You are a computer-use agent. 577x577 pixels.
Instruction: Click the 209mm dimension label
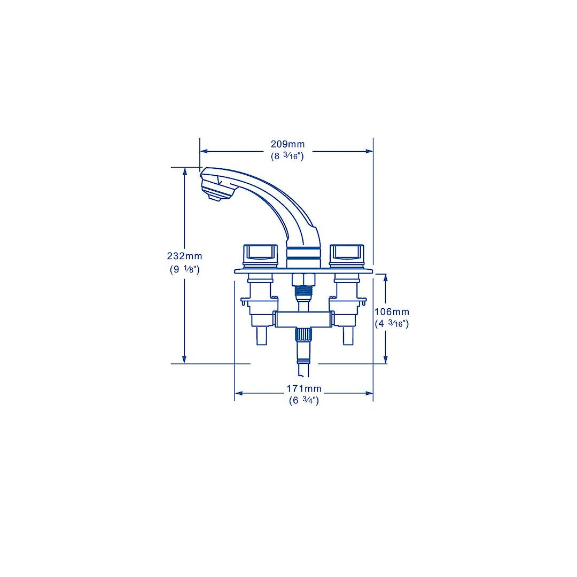pos(287,144)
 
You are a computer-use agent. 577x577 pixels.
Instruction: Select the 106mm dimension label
pos(392,311)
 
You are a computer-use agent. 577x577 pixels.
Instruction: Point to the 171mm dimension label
pos(303,388)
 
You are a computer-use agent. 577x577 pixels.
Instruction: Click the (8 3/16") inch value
pos(287,157)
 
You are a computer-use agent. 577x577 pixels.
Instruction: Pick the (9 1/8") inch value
pos(184,269)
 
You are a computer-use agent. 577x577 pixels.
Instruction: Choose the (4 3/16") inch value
pos(392,323)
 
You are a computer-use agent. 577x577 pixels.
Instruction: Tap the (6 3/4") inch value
pos(303,400)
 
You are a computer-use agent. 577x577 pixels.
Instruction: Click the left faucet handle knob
pos(261,255)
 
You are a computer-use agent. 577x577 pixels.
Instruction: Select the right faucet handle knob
pos(347,255)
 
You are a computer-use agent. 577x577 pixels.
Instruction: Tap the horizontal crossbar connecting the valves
pos(303,319)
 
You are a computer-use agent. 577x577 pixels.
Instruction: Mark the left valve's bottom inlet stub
pos(261,337)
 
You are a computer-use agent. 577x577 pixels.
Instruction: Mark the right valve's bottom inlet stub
pos(348,337)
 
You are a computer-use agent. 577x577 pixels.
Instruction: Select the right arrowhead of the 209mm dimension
pos(369,151)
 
